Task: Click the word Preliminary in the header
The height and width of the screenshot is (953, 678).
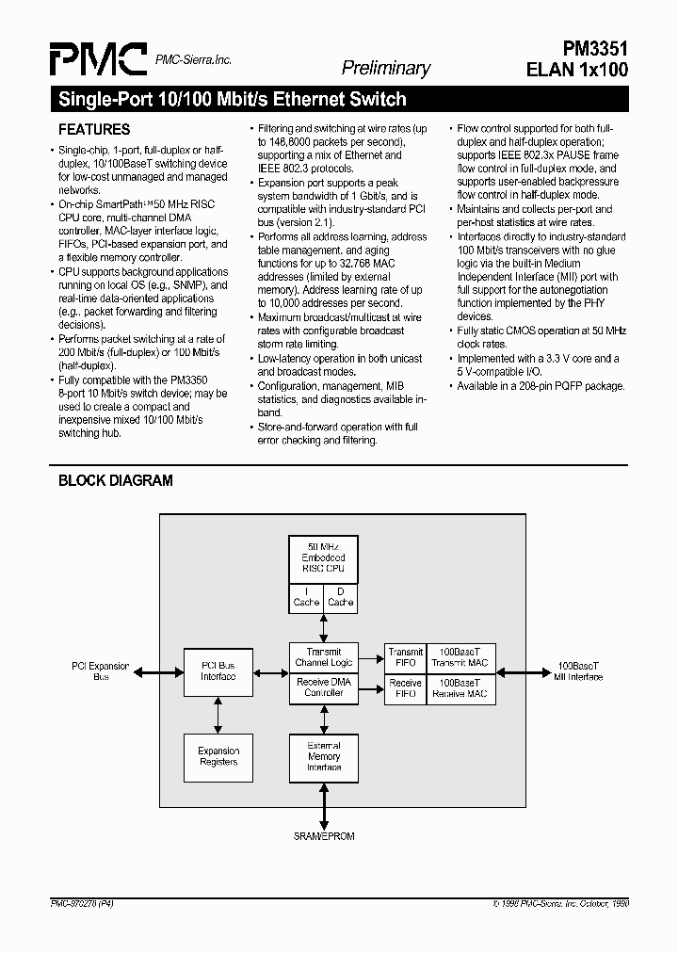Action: (x=385, y=68)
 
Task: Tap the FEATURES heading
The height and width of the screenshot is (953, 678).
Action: (x=94, y=130)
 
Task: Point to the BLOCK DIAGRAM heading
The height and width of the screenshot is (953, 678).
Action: (x=116, y=480)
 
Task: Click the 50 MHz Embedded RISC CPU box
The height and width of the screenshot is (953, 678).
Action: (x=323, y=557)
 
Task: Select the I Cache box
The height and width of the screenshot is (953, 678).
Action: (x=306, y=597)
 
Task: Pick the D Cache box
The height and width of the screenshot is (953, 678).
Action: (x=340, y=597)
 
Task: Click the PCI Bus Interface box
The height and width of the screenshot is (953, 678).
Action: (x=218, y=670)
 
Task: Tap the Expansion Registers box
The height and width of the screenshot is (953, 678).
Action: (x=218, y=756)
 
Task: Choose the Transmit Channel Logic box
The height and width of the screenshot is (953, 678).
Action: (x=324, y=657)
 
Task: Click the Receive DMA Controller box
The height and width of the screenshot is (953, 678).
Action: (x=324, y=687)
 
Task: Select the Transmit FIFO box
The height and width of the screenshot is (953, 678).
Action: (x=405, y=657)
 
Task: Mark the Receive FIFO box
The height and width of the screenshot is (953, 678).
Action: (x=405, y=687)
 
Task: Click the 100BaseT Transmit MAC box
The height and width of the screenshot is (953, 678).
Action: (x=460, y=657)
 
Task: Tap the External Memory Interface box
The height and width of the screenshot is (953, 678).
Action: (x=324, y=756)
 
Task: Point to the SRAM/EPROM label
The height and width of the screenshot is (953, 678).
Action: (x=323, y=835)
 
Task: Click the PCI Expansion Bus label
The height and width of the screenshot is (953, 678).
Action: (x=100, y=670)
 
